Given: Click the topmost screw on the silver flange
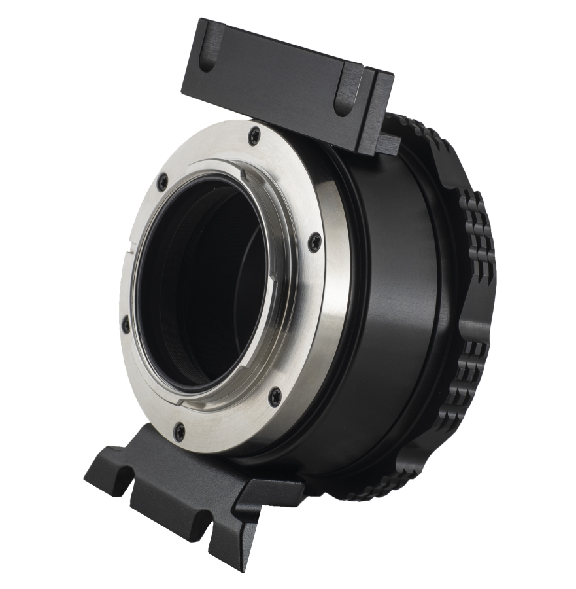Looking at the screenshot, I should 255,135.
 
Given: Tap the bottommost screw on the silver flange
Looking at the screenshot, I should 178,430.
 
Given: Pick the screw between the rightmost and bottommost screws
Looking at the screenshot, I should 275,395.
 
